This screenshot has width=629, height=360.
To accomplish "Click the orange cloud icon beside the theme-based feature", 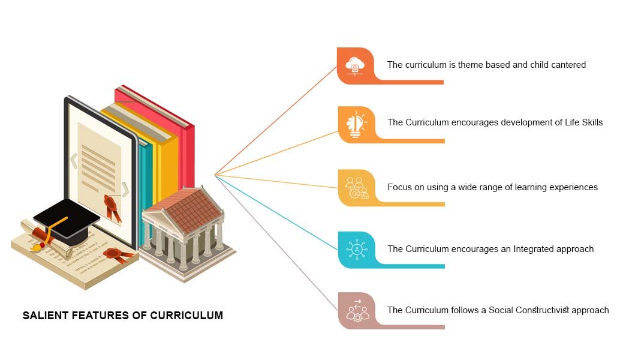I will coord(356,65).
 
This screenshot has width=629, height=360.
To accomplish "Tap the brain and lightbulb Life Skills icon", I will coord(356,124).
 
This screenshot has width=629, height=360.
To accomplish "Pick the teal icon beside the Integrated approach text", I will coord(356,249).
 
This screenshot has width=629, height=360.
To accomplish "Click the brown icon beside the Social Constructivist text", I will coord(356,311).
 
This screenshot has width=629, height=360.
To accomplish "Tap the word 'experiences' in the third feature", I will coord(573,187).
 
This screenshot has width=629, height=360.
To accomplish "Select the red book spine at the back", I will coord(187,156).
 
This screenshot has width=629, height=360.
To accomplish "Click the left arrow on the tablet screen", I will coord(74,160).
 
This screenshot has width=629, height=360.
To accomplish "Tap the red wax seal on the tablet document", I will coord(112,204).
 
